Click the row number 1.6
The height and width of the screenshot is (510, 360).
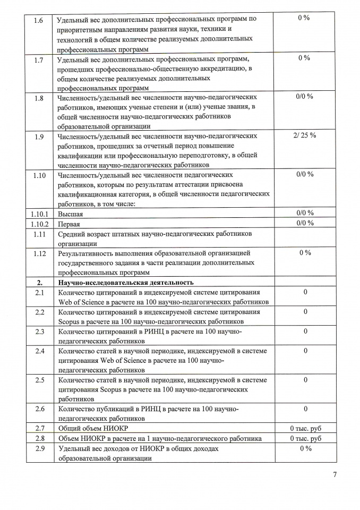coord(39,19)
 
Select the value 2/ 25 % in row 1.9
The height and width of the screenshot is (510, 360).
coord(304,135)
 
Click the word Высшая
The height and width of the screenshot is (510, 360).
coord(70,213)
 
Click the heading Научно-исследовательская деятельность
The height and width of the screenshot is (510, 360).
coord(126,282)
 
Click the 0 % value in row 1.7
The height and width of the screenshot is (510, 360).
coord(304,58)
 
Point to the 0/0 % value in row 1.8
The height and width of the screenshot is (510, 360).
coord(304,97)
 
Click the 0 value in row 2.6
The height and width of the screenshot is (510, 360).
coord(305,409)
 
